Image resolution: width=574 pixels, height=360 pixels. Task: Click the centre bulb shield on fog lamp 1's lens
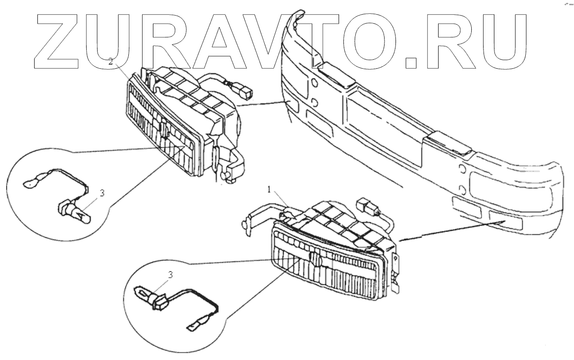pos(314,259)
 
